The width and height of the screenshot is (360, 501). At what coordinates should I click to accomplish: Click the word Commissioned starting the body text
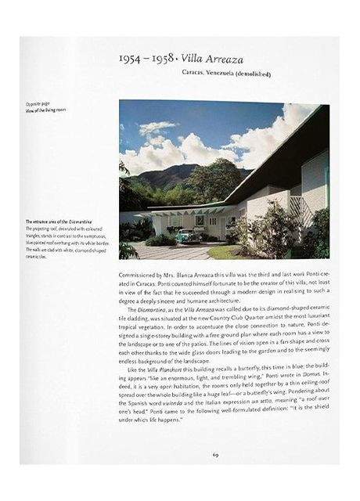tap(141, 275)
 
